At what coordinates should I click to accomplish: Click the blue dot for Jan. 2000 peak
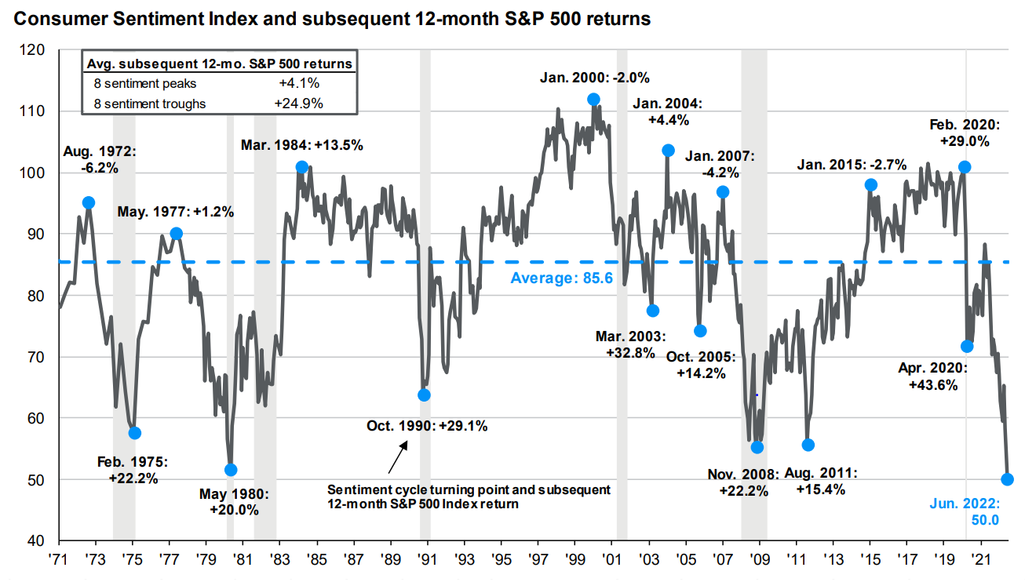click(x=593, y=100)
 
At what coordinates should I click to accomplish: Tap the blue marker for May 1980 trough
click(x=231, y=470)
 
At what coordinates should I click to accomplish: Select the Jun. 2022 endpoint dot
click(x=1008, y=479)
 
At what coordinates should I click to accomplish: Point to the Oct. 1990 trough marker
click(x=424, y=395)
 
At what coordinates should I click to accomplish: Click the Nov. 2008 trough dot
click(x=757, y=447)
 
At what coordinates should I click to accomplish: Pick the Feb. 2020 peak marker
click(x=965, y=167)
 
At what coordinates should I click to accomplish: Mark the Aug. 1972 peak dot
click(x=89, y=202)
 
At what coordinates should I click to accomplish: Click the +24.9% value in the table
click(x=299, y=103)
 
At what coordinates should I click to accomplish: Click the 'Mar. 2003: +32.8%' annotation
click(x=630, y=344)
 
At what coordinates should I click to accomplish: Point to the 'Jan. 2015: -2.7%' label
click(x=852, y=165)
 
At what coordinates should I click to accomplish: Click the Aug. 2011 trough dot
click(x=808, y=445)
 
